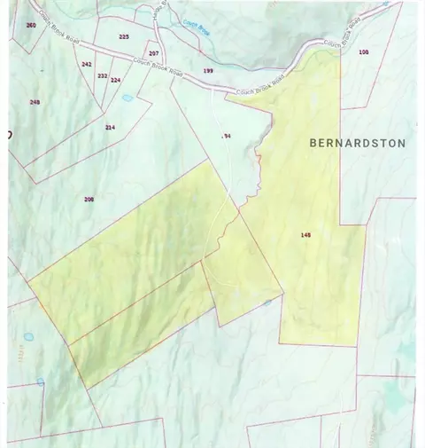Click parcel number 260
coord(31,25)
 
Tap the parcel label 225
coord(123,36)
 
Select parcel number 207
coord(153,54)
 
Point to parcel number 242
coord(86,64)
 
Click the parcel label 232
coord(102,76)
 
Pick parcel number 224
coord(115,79)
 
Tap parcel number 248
coord(35,102)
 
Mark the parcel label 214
coord(110,127)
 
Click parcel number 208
coord(89,199)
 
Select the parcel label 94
coord(227,136)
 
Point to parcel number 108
coord(363,52)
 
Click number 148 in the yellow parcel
coord(305,235)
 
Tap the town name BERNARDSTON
coord(358,143)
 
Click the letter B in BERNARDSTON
coord(313,143)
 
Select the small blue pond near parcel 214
coord(127,98)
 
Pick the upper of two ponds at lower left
coord(29,337)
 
